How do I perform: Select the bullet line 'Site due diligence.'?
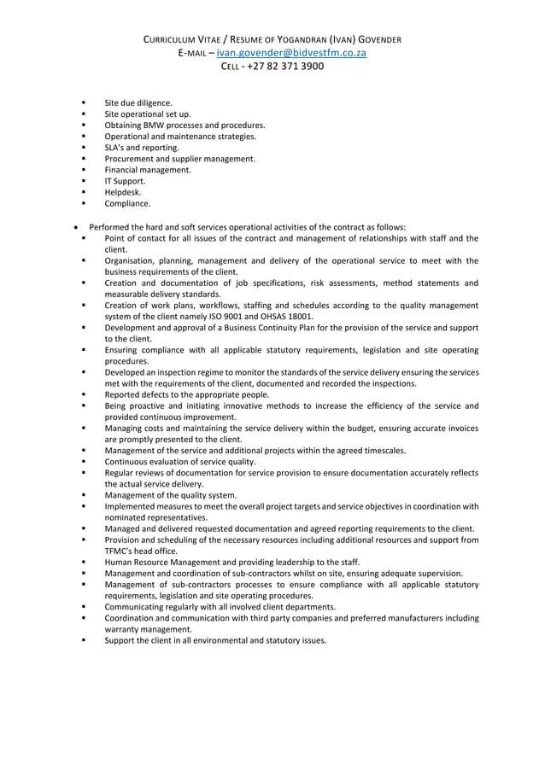[x=138, y=102]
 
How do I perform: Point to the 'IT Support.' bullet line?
[x=125, y=181]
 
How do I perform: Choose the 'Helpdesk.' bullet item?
[x=124, y=192]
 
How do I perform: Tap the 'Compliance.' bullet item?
[x=127, y=204]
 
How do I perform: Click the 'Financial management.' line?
[x=148, y=170]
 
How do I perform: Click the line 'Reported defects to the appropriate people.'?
[x=187, y=394]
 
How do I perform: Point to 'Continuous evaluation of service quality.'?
[x=180, y=462]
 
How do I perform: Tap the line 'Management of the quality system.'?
[x=171, y=495]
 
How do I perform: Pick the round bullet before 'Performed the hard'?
[x=77, y=226]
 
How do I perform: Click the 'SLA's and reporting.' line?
[x=142, y=148]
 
